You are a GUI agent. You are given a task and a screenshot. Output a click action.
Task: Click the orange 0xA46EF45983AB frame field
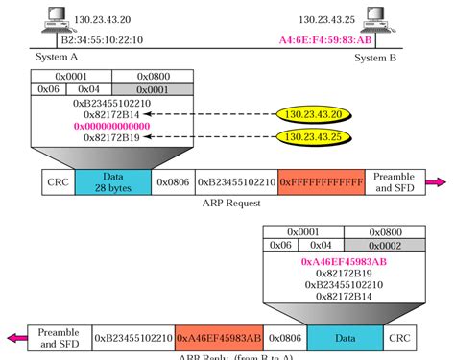219,337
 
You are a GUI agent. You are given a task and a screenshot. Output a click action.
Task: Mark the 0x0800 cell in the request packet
140,74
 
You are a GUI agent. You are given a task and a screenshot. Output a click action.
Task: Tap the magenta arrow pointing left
12,337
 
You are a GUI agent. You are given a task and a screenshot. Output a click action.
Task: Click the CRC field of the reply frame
398,337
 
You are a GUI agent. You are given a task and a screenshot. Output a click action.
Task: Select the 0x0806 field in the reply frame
284,337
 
